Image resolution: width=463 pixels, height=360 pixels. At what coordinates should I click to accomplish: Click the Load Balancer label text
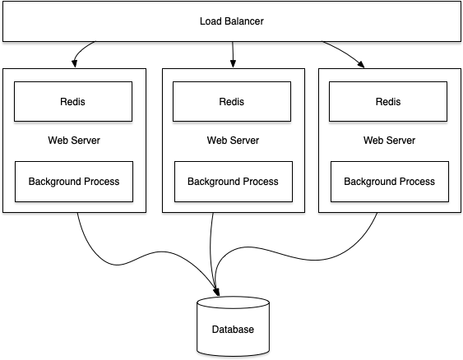(x=232, y=21)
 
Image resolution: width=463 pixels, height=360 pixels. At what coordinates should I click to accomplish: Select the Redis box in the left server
(x=73, y=102)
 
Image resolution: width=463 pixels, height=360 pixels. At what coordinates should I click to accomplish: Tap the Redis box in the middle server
(x=232, y=102)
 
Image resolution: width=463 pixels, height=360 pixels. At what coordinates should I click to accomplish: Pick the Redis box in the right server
(x=388, y=102)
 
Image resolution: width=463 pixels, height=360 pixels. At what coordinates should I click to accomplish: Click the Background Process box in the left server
(x=74, y=182)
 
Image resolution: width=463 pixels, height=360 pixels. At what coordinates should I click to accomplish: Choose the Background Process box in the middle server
(x=234, y=182)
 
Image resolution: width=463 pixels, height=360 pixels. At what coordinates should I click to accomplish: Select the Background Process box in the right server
(x=390, y=182)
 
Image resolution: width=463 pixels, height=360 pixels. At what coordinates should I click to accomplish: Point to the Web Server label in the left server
(x=74, y=141)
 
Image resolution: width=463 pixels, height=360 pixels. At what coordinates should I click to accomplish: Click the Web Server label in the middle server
(x=233, y=141)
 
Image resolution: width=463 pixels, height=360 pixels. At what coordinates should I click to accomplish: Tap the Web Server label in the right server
(x=389, y=141)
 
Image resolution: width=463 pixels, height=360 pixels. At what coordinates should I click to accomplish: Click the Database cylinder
(x=233, y=327)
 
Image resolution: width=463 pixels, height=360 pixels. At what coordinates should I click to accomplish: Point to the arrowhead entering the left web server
(x=74, y=63)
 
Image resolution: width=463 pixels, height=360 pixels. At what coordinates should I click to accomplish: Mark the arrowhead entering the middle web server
(x=233, y=63)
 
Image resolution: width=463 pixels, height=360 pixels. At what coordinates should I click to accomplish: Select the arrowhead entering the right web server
(x=361, y=64)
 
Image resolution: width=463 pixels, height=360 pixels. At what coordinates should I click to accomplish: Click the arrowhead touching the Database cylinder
(x=217, y=292)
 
